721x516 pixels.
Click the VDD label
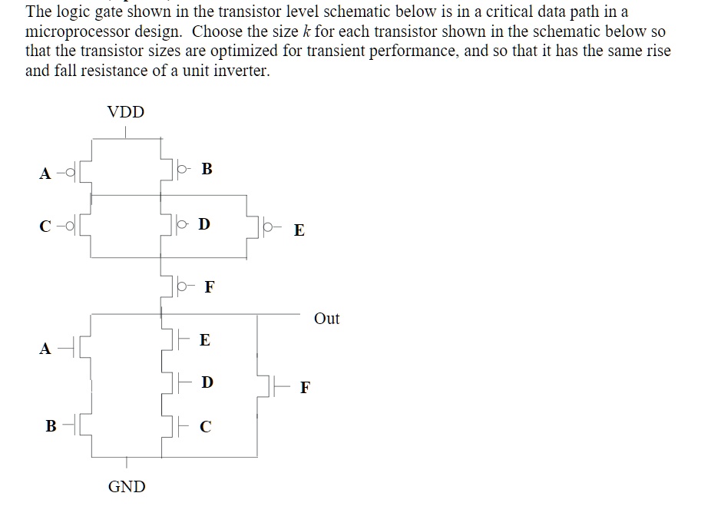126,112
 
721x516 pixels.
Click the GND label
127,486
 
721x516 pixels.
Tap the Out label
327,319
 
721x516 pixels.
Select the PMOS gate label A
45,174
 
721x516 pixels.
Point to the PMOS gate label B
207,169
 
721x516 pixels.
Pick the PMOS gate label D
203,224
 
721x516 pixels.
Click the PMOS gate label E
299,230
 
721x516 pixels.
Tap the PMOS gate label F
210,288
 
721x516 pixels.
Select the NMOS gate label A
45,349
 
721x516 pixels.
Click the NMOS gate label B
51,425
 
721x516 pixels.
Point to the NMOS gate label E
204,339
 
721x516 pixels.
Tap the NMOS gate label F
305,387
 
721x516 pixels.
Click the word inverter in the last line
242,71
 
